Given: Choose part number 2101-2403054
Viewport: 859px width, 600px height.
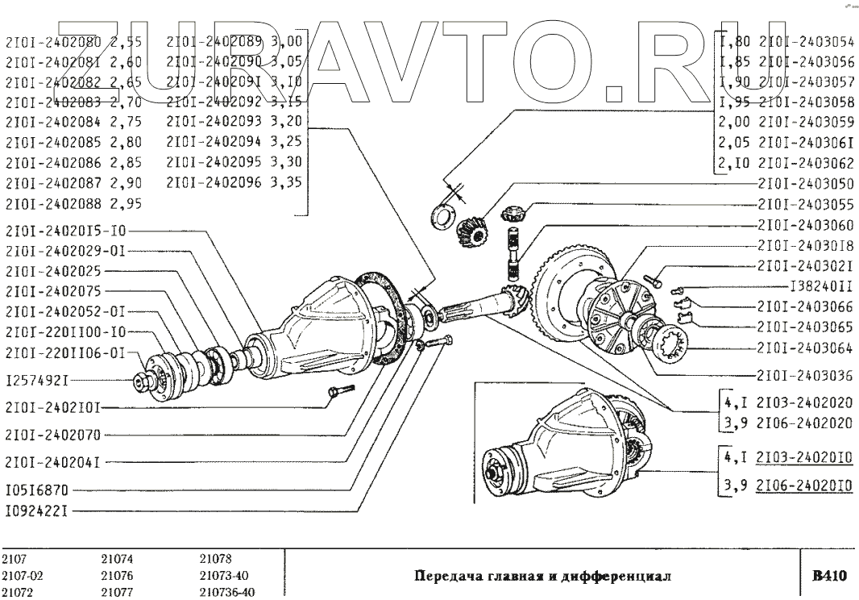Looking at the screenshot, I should (808, 43).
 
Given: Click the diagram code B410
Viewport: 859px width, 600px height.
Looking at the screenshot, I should (828, 576).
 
